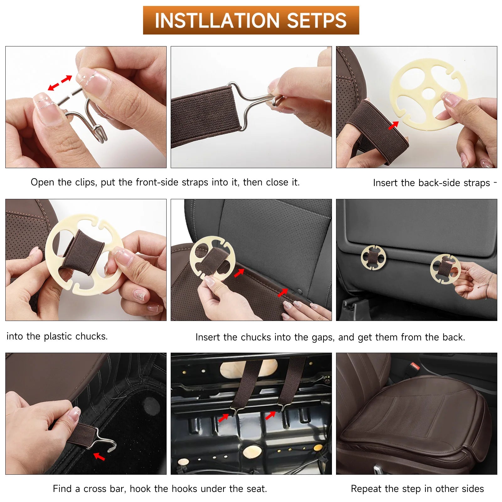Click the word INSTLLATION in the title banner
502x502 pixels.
click(216, 21)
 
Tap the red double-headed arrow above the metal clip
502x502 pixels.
click(60, 83)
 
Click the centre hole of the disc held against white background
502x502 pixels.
click(428, 93)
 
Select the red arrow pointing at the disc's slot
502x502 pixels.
click(393, 125)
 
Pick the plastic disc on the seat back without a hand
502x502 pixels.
click(373, 257)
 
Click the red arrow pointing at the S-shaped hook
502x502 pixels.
click(99, 456)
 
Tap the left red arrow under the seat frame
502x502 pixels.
click(223, 418)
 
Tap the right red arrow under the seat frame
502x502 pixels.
click(270, 415)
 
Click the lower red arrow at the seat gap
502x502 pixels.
click(282, 293)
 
